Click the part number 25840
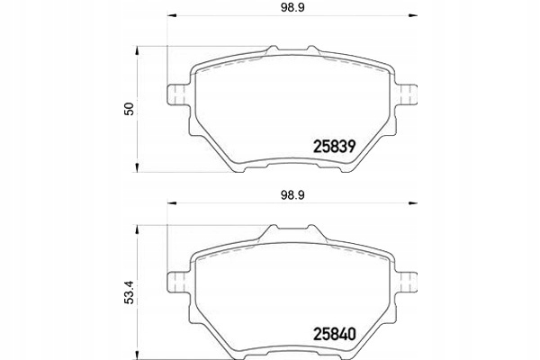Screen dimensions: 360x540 [335, 331]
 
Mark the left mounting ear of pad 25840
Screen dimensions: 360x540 [177, 271]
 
